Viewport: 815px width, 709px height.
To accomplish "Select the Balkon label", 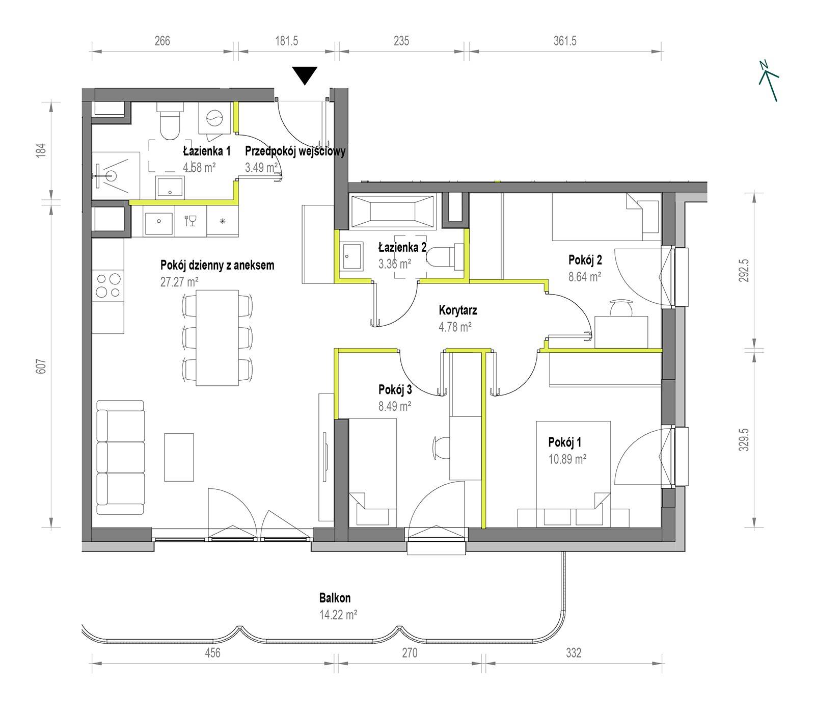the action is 335,597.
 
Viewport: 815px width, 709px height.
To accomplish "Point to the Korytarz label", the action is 458,310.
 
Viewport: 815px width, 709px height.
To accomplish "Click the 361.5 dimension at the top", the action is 565,41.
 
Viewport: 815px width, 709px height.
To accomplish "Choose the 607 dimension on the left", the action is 42,366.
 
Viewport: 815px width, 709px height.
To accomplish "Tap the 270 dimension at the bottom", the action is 410,652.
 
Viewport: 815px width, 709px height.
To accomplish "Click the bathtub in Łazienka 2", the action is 392,211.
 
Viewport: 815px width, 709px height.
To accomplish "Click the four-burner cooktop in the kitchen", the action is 108,285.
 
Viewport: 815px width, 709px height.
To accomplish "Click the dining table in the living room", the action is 218,338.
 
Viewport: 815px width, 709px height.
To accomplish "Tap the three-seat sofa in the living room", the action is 121,457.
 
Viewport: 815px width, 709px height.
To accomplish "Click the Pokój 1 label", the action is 565,442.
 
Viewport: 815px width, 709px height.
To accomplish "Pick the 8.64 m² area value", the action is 585,277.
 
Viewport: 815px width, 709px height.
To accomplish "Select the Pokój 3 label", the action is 395,390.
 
